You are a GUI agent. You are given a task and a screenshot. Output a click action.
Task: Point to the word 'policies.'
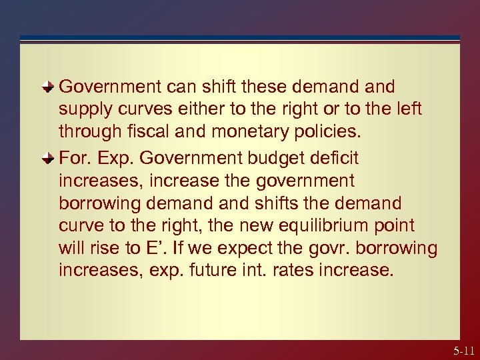pyautogui.click(x=327, y=131)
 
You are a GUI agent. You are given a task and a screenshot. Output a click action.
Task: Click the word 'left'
pyautogui.click(x=407, y=109)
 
